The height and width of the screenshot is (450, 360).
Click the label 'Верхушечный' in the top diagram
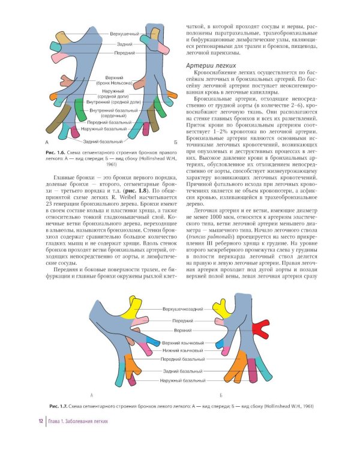pyautogui.click(x=125, y=34)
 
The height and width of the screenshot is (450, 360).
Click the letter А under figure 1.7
pyautogui.click(x=91, y=395)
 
